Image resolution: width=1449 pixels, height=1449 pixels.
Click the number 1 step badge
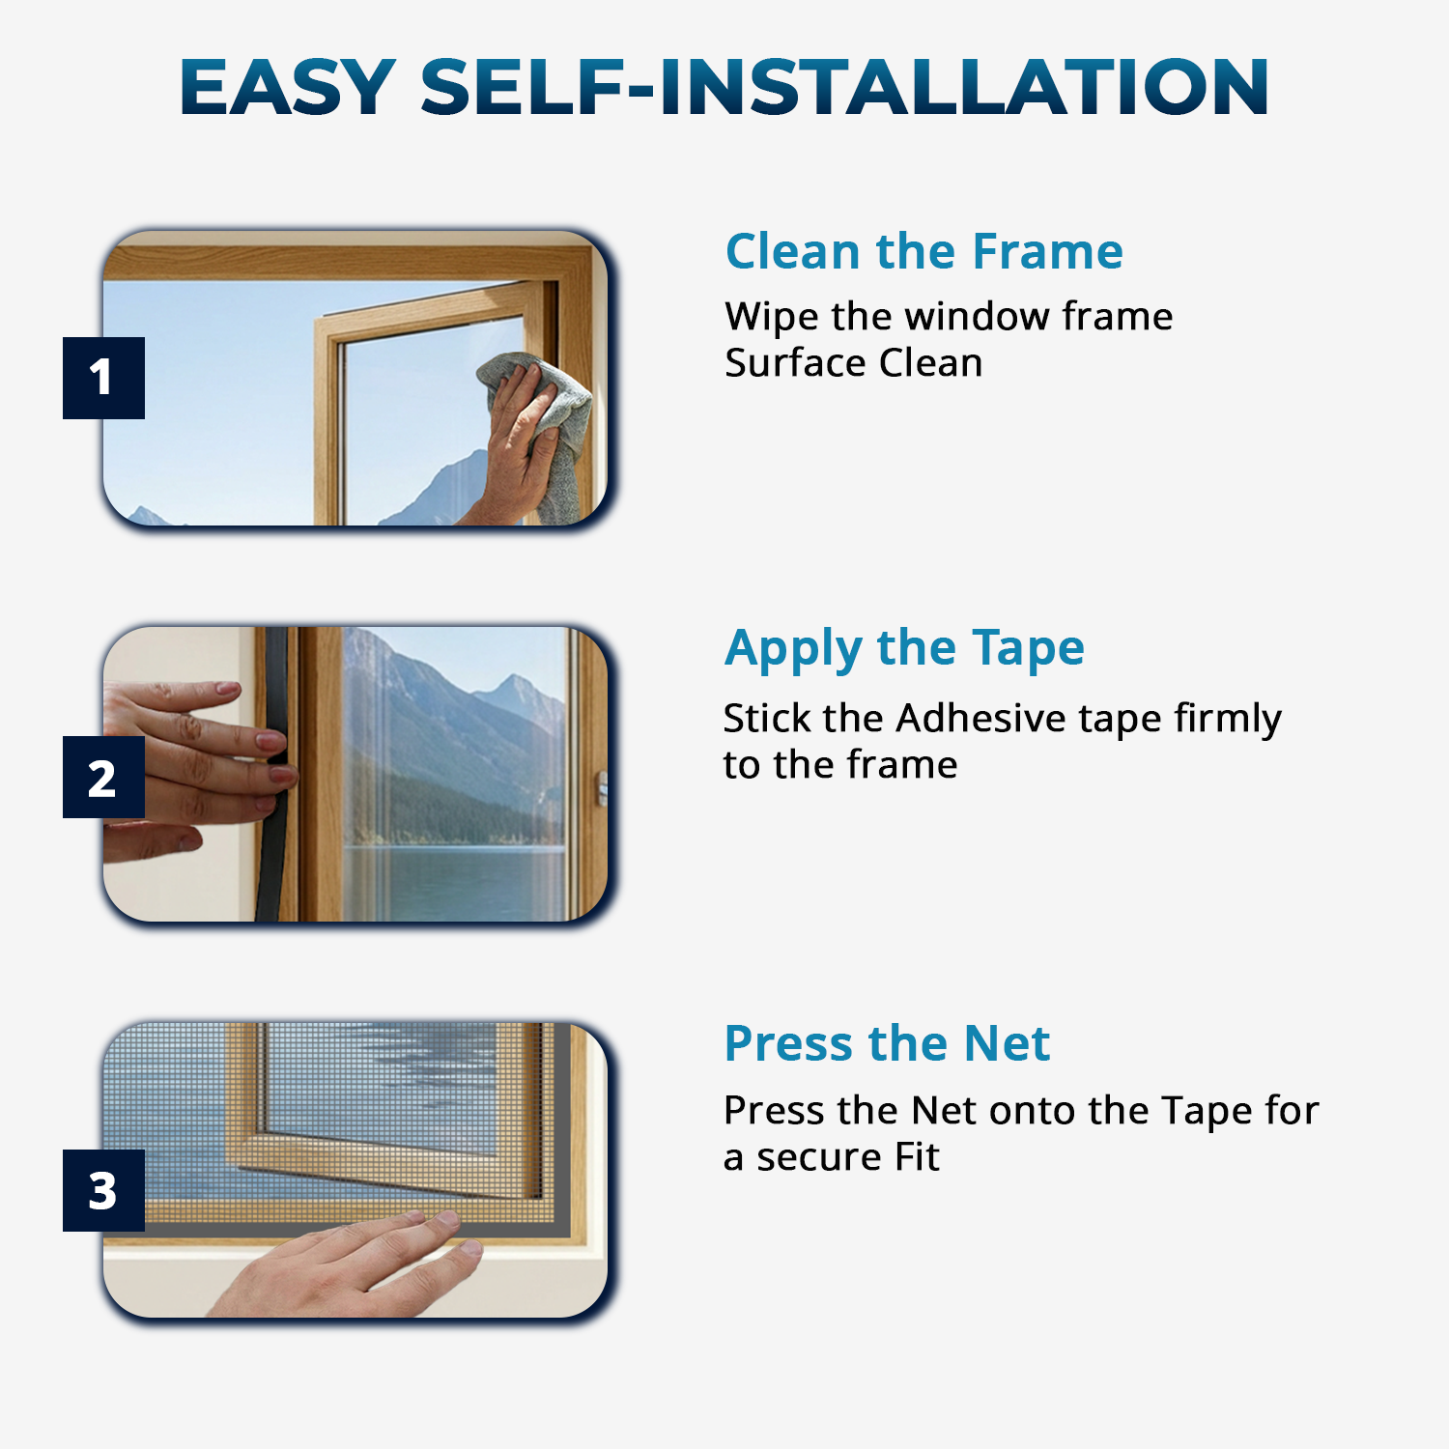[x=103, y=378]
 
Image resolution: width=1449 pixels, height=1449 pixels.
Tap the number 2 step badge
[x=103, y=778]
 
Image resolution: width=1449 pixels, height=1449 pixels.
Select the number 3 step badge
[x=103, y=1190]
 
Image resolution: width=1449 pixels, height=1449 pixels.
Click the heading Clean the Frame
[x=923, y=251]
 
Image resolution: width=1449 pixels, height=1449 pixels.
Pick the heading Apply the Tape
[x=904, y=647]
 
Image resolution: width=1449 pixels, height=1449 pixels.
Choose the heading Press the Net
[x=887, y=1043]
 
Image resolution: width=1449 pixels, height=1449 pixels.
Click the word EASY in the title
[x=288, y=87]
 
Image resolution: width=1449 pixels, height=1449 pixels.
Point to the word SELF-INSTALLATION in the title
[x=844, y=87]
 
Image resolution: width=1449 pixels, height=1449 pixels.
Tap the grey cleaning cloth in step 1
[x=555, y=415]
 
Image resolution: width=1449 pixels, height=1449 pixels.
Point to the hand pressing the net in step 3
[x=357, y=1265]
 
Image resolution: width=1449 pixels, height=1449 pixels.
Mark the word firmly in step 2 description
[x=1228, y=720]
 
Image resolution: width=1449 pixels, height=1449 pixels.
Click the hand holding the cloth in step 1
[x=517, y=454]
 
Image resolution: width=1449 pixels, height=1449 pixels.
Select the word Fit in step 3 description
[x=917, y=1156]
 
